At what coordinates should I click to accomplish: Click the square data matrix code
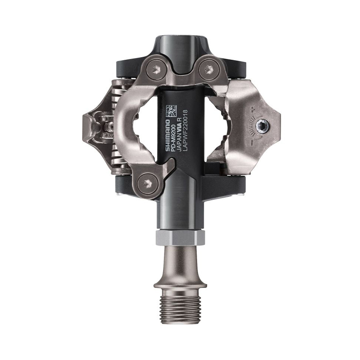click(x=171, y=111)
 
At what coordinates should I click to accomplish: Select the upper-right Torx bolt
click(x=208, y=68)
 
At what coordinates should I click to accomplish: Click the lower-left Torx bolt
click(x=148, y=183)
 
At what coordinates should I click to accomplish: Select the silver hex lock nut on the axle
click(x=180, y=237)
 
